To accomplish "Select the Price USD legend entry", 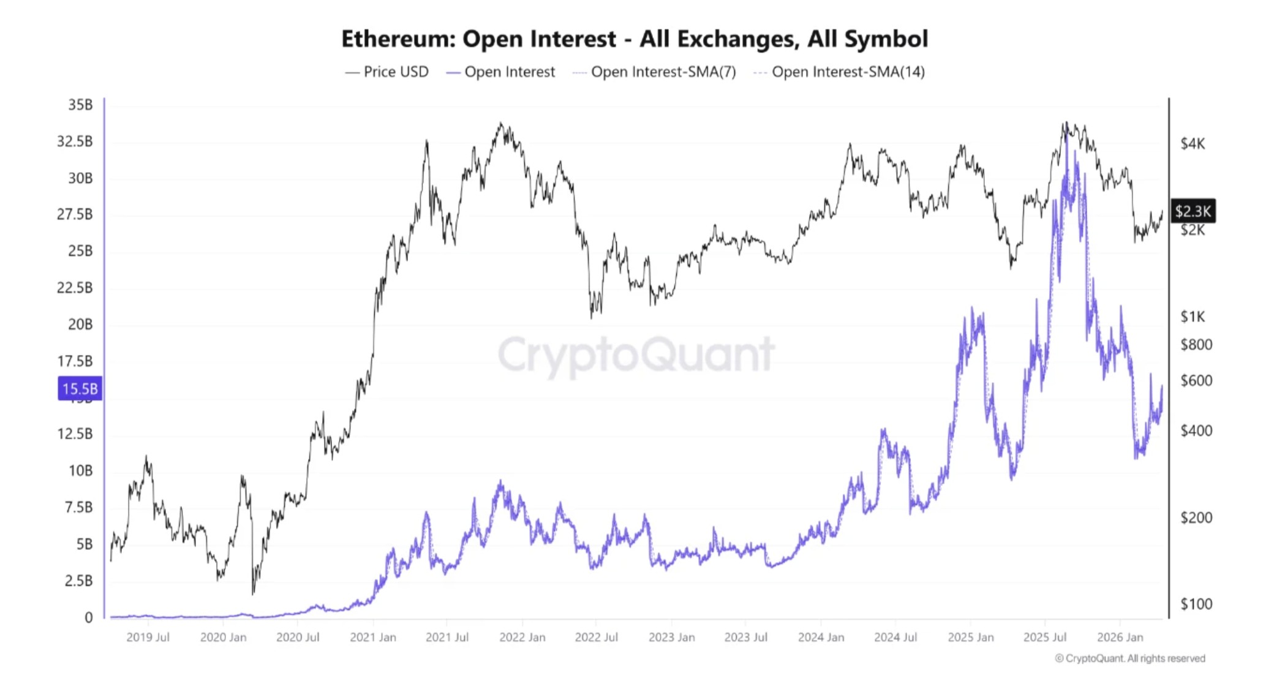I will point(387,72).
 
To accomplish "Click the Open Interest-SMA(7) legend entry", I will point(654,72).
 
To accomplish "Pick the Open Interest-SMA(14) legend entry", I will point(839,72).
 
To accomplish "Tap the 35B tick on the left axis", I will point(80,105).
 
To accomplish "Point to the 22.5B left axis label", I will point(75,288).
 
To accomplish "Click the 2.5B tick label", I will point(78,581).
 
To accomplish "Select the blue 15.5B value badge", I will point(80,389).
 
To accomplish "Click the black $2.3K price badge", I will point(1192,211).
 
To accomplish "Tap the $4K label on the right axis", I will point(1192,144).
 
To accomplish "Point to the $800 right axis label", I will point(1196,345).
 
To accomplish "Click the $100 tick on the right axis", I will point(1196,605).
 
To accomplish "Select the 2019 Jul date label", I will point(148,638).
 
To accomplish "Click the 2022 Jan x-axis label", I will point(522,638).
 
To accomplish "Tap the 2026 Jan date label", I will point(1120,638).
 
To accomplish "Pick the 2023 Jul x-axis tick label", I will point(745,638).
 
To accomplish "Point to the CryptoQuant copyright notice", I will point(1129,658).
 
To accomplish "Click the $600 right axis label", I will point(1196,381).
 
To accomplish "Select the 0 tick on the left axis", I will point(89,617).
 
